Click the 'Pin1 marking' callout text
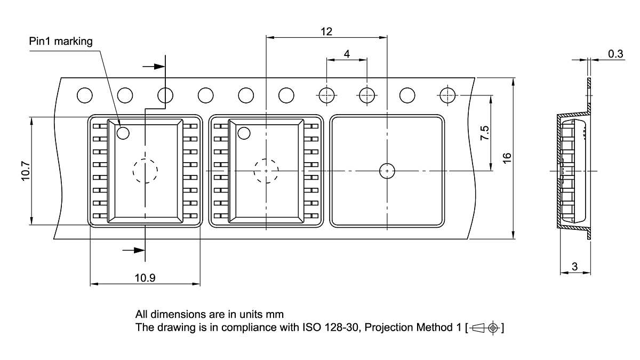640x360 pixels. pos(61,42)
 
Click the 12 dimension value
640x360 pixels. pos(326,31)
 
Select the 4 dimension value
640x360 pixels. pos(347,54)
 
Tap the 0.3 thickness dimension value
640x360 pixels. pos(615,54)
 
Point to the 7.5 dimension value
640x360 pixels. pos(485,133)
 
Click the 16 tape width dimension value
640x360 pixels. pos(507,158)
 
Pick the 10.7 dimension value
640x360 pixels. pos(26,171)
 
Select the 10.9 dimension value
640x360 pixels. pos(145,278)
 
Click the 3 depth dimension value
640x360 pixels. pos(575,267)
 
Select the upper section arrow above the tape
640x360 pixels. pos(154,67)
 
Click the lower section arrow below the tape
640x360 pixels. pos(134,251)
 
